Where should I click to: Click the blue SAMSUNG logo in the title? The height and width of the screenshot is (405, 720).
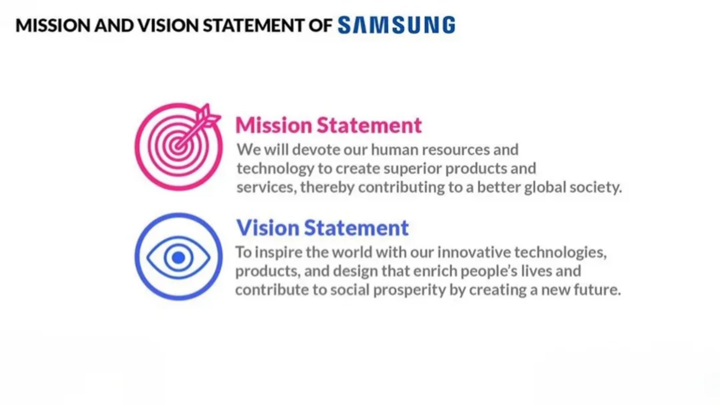pos(397,25)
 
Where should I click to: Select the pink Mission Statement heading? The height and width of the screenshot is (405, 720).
pos(328,125)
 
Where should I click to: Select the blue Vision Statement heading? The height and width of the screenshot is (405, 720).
pos(322,228)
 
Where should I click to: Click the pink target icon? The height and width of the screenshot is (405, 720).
pos(178,147)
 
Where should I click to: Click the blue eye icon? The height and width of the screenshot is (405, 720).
pos(178,257)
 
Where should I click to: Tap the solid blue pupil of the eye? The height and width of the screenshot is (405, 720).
pos(178,258)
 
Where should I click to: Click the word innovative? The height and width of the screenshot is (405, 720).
pos(474,252)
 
